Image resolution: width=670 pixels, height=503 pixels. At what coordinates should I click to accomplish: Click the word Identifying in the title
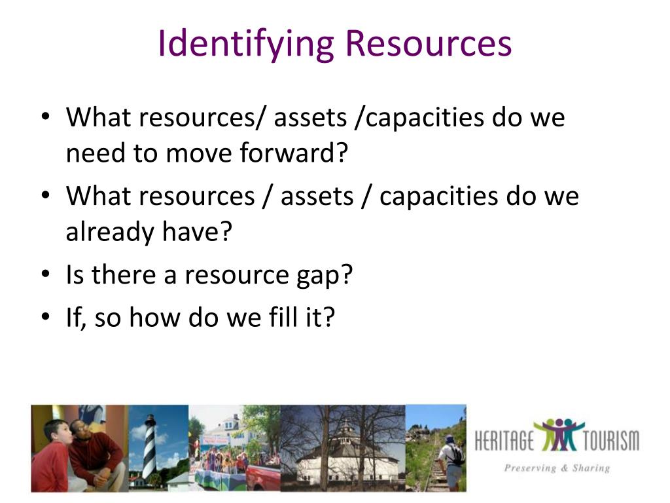[246, 44]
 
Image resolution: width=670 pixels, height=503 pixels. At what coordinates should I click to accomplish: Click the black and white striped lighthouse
[150, 445]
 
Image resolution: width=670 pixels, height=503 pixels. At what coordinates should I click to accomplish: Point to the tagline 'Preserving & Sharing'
[556, 468]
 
